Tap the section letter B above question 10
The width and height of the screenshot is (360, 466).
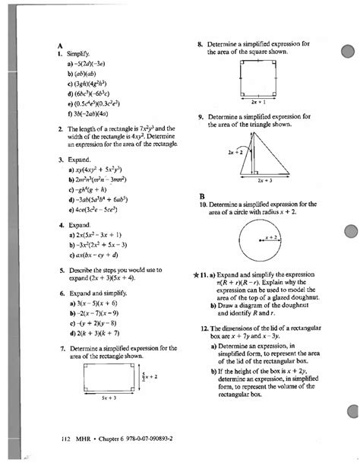pyautogui.click(x=201, y=195)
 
